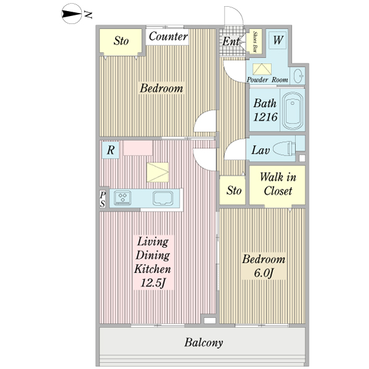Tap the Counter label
[168, 37]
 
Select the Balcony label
[204, 343]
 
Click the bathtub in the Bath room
[293, 111]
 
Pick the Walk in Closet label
[277, 184]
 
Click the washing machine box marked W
[278, 41]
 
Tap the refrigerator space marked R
[111, 149]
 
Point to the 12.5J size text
[153, 283]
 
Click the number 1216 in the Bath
[265, 117]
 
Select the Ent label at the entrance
[231, 41]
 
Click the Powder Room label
[267, 80]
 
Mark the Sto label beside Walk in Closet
[234, 190]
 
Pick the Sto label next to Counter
[121, 41]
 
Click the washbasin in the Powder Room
[298, 76]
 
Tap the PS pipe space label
[103, 199]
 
